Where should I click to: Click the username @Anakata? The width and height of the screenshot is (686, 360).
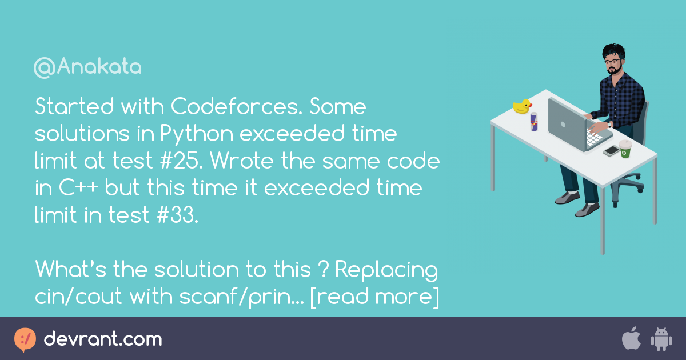[x=87, y=67]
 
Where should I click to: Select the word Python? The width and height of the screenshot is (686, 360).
[x=197, y=135]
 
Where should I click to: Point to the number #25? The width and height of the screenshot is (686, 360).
[x=182, y=161]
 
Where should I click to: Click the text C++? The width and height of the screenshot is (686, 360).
[x=78, y=187]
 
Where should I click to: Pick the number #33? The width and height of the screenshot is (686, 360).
[x=178, y=215]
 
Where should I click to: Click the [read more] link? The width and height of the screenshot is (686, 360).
[x=375, y=297]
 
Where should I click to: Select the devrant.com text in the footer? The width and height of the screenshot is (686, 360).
[x=103, y=339]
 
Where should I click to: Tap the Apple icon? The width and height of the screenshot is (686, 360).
[x=632, y=338]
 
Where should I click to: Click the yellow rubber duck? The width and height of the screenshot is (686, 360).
[x=522, y=106]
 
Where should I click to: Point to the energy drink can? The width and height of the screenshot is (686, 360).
[x=534, y=122]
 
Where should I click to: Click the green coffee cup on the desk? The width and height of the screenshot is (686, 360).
[x=625, y=149]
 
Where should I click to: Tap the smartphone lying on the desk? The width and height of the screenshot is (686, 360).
[x=611, y=151]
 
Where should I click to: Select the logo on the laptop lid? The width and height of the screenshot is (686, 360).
[x=563, y=125]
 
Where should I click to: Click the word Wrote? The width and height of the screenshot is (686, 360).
[x=242, y=161]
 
